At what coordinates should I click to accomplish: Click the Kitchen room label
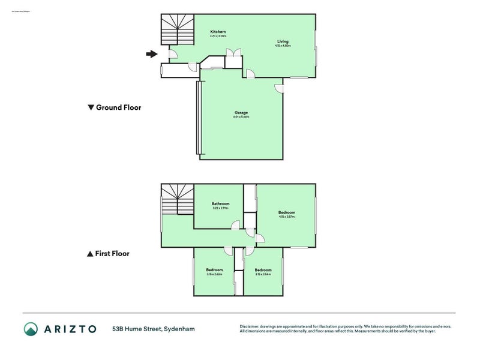pos(218,32)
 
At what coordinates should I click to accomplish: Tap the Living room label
pos(282,41)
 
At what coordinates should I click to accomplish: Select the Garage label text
pos(241,113)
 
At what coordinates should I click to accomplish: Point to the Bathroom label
pos(220,204)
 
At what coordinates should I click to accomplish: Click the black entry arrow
pos(151,55)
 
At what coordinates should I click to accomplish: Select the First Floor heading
pos(112,254)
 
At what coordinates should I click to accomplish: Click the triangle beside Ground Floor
pos(91,108)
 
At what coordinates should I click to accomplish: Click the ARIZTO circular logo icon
pos(31,329)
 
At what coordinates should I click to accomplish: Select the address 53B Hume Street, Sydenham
pos(153,329)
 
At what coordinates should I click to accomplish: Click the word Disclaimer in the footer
pos(251,326)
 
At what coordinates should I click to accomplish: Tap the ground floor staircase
pos(177,31)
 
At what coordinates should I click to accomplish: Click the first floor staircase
pos(177,200)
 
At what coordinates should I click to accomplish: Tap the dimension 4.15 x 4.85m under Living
pos(283,46)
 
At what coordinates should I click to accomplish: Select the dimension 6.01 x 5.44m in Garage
pos(241,118)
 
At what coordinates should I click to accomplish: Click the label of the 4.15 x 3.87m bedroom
pos(286,212)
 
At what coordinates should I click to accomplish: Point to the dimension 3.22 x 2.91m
pos(220,208)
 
